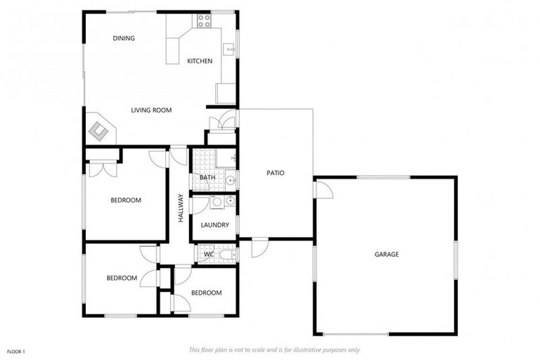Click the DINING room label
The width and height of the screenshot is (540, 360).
[x=124, y=39]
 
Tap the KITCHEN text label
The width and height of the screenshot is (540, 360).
[x=200, y=61]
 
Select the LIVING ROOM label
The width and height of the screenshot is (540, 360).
[x=151, y=110]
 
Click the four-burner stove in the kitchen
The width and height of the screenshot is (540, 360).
[x=204, y=21]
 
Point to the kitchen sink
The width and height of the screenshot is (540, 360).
[x=229, y=49]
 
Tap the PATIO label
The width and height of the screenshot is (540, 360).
[x=275, y=173]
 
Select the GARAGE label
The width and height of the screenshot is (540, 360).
[x=386, y=255]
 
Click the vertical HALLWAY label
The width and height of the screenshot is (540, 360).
[x=181, y=209]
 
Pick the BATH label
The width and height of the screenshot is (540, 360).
[x=207, y=178]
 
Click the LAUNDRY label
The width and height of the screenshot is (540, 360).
[x=214, y=225]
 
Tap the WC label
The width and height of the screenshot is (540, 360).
[x=209, y=254]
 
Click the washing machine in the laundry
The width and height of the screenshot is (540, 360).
[x=217, y=202]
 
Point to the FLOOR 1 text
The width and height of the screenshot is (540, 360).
[x=16, y=351]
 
